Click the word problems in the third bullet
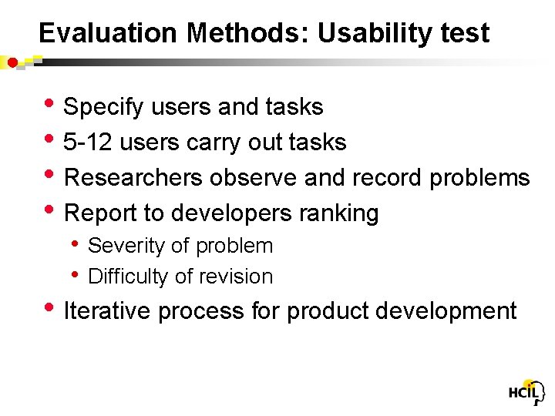[x=479, y=178]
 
